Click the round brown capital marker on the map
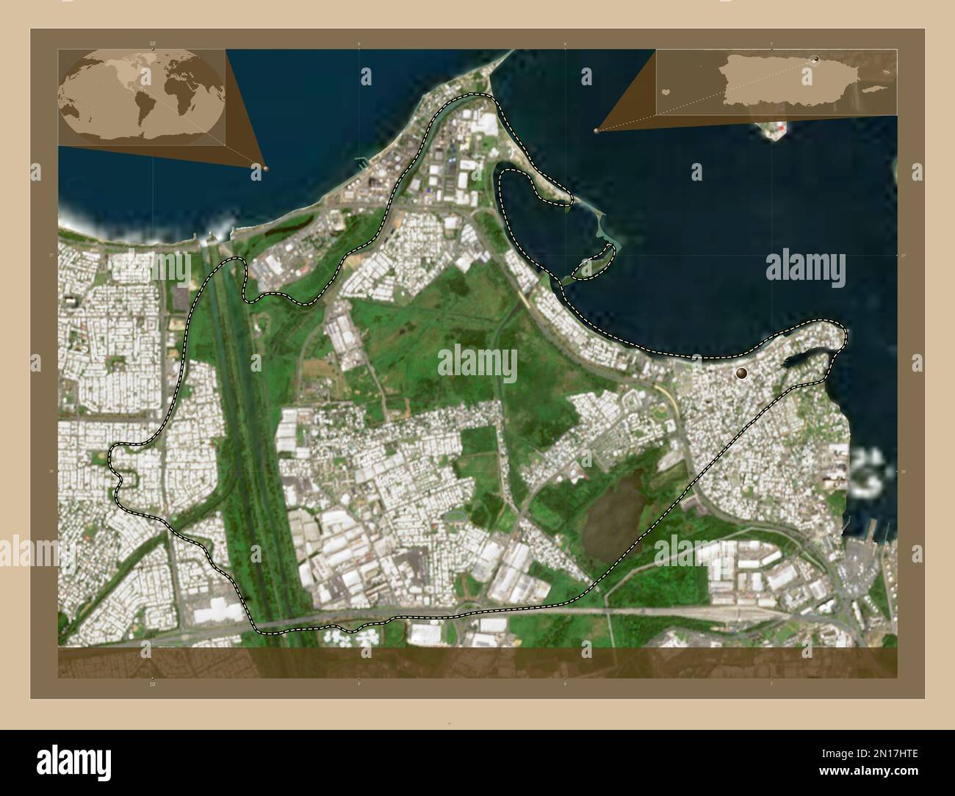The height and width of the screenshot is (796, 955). tap(742, 373)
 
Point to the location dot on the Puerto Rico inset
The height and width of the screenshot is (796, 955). tap(817, 58)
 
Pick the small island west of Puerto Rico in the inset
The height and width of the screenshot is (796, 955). tap(666, 93)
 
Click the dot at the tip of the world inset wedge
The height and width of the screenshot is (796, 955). tap(265, 168)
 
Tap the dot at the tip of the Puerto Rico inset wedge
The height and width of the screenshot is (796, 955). tap(596, 131)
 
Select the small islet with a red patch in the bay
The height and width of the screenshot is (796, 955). tap(776, 131)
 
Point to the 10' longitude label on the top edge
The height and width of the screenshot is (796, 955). tap(153, 44)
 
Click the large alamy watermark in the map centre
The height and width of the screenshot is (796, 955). tap(478, 363)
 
